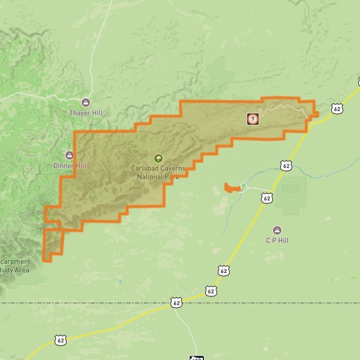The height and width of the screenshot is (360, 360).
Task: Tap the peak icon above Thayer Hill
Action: coord(86,102)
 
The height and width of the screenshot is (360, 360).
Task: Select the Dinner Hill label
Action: coord(70,166)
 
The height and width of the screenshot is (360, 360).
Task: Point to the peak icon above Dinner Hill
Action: coord(70,155)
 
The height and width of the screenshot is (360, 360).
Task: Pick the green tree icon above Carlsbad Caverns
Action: coord(158,159)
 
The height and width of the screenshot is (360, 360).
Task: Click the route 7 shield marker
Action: coord(253,119)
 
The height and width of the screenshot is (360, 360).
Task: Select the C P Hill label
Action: coord(277,240)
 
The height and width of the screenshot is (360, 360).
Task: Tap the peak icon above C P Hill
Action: coord(277,230)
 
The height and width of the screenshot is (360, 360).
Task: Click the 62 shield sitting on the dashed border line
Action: coord(176,303)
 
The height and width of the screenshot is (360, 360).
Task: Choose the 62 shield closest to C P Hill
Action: coord(267,197)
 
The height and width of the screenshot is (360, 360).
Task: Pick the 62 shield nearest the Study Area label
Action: coord(60,340)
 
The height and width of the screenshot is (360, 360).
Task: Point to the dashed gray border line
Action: coord(270,303)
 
